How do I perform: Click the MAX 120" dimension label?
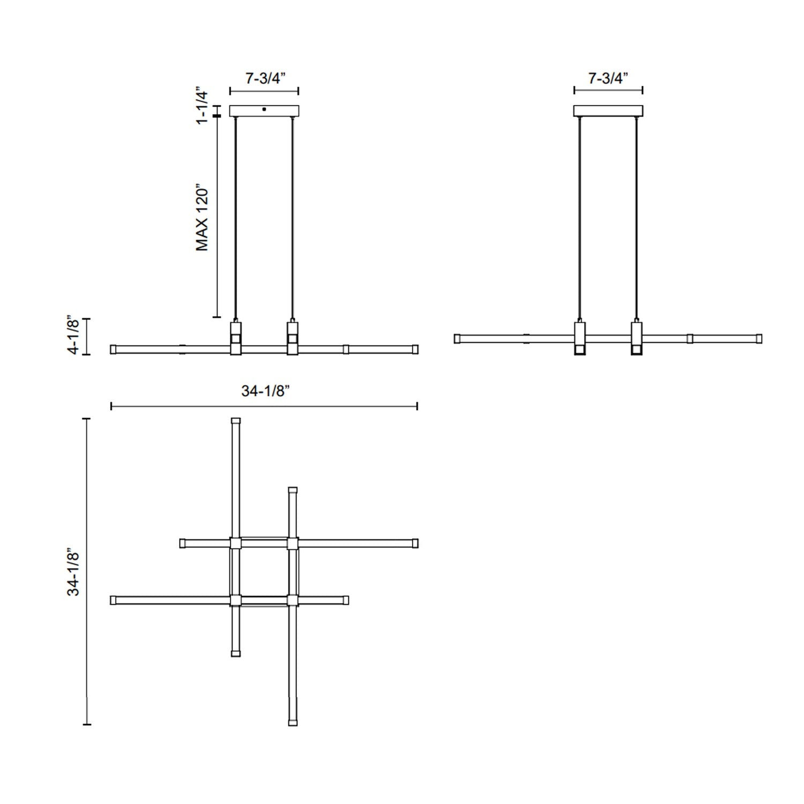pos(202,219)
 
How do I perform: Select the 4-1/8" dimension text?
pos(73,336)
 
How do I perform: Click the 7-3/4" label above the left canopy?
pos(265,78)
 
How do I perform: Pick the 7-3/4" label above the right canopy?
pos(608,78)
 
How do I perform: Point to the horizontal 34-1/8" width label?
pos(265,392)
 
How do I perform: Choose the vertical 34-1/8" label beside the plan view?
pos(73,571)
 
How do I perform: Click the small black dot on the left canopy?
pos(264,109)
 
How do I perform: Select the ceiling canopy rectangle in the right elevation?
pos(608,111)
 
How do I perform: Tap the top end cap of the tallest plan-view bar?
pos(236,421)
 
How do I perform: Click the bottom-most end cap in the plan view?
pos(293,722)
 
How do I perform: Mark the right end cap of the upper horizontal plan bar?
pos(415,544)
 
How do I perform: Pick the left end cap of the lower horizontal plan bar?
pos(113,600)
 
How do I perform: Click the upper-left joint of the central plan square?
pos(236,544)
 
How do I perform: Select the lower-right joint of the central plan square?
pos(292,600)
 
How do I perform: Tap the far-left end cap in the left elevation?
pos(113,349)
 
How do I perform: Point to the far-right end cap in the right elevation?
pos(759,339)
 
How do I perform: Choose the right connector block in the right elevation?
pos(636,338)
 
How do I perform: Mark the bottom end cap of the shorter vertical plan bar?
pos(236,653)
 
